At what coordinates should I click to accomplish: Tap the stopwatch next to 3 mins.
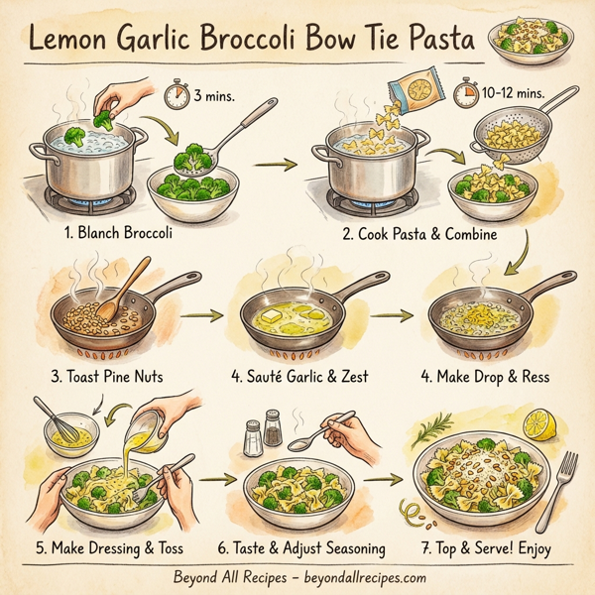(x=177, y=96)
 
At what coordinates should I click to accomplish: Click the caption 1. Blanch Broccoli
(x=118, y=234)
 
